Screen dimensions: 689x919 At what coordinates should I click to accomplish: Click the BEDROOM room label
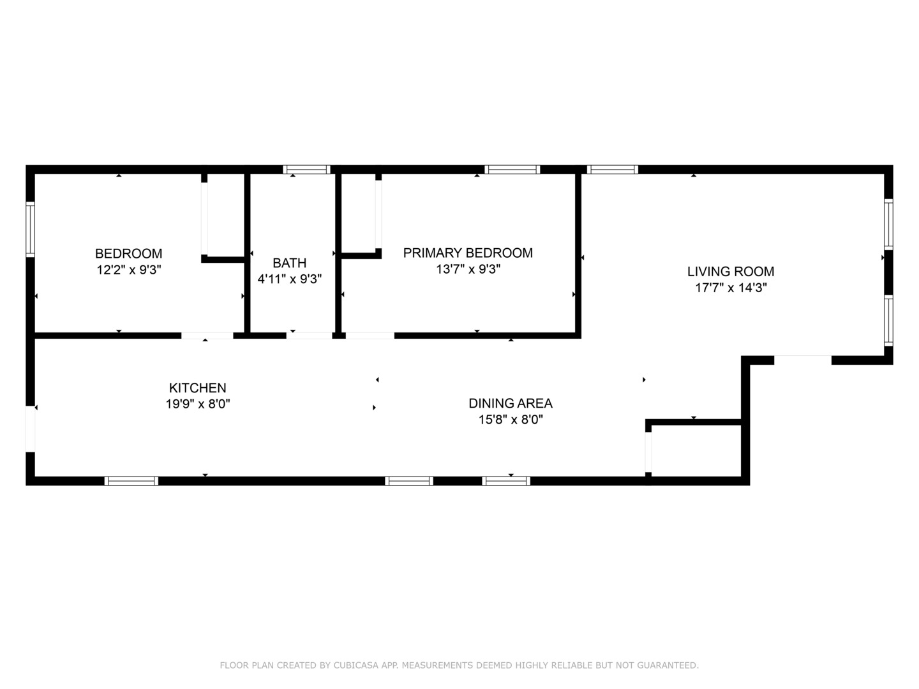[128, 253]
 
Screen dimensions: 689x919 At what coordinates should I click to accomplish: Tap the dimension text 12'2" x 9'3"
[128, 270]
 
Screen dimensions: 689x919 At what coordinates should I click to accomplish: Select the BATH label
[289, 263]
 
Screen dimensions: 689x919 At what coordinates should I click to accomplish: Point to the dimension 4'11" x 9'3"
[289, 279]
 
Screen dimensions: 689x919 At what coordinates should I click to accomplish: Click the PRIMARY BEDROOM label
[468, 253]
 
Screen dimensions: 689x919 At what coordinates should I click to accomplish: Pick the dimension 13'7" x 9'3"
[468, 269]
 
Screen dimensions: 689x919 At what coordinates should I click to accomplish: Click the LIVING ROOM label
[730, 271]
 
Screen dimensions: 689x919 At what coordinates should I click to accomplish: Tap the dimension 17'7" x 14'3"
[730, 288]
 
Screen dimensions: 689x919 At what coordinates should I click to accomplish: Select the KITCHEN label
[197, 388]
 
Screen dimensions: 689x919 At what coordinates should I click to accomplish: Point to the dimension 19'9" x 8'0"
[197, 404]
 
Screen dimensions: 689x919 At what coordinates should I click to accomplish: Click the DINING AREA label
[510, 403]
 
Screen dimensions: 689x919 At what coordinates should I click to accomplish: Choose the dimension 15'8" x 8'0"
[510, 420]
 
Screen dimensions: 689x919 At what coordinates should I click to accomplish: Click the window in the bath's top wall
[306, 170]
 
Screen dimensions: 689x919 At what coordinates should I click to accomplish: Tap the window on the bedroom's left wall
[30, 230]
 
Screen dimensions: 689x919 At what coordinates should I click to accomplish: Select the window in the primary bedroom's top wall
[512, 170]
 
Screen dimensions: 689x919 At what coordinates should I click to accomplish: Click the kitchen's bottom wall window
[131, 481]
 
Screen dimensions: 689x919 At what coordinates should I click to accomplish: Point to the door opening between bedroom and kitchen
[207, 336]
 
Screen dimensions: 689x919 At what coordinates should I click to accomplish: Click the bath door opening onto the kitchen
[309, 336]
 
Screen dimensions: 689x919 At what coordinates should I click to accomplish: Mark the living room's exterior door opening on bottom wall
[802, 360]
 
